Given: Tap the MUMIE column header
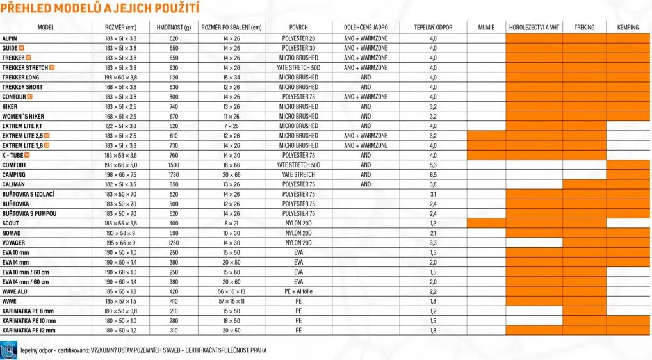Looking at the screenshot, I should pyautogui.click(x=486, y=28).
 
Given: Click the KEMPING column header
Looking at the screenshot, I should pyautogui.click(x=628, y=28).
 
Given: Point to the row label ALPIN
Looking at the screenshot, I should pyautogui.click(x=10, y=38).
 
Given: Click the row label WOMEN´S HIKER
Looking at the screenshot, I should pyautogui.click(x=23, y=117).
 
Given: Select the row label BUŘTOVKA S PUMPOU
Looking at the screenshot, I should pyautogui.click(x=29, y=213).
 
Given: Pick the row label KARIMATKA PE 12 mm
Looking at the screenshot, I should pyautogui.click(x=29, y=331).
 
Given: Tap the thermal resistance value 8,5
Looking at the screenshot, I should pyautogui.click(x=434, y=175).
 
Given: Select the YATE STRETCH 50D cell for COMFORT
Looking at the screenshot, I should pyautogui.click(x=298, y=165).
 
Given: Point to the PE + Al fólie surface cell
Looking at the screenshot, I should pyautogui.click(x=298, y=291).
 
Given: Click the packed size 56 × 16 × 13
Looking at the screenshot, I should pyautogui.click(x=231, y=291).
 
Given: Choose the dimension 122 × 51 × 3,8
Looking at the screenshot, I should pyautogui.click(x=121, y=126).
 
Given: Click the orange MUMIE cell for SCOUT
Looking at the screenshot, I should pyautogui.click(x=486, y=224).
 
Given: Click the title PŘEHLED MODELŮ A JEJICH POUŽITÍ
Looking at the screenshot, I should pyautogui.click(x=100, y=8).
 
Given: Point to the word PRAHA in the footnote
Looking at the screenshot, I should pyautogui.click(x=259, y=350).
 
